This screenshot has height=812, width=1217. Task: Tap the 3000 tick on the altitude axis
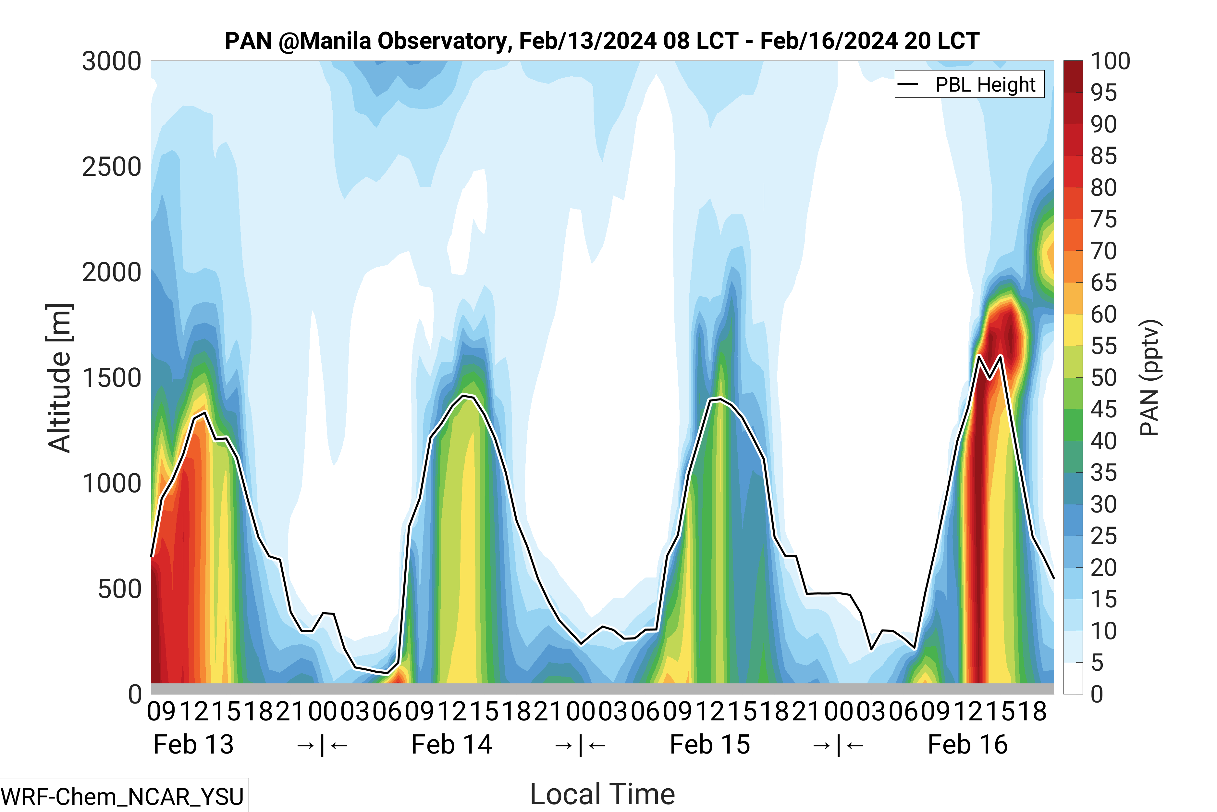click(x=111, y=62)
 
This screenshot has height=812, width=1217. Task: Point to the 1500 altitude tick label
click(x=111, y=378)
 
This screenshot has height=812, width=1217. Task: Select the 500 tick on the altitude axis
click(x=119, y=589)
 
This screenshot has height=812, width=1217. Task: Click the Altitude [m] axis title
click(x=59, y=378)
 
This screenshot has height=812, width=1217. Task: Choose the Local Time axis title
click(x=602, y=794)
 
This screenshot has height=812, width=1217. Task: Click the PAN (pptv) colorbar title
click(x=1150, y=378)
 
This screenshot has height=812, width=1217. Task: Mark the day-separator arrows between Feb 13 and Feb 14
click(x=322, y=745)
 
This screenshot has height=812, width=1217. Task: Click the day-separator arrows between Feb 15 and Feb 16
click(x=838, y=745)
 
